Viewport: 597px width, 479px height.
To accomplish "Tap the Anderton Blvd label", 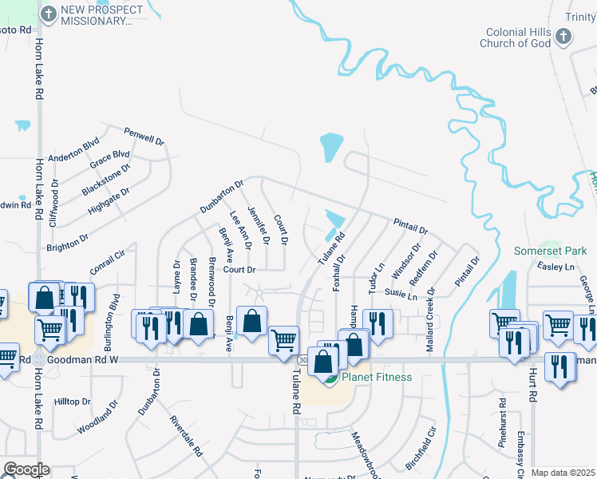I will pos(73,149).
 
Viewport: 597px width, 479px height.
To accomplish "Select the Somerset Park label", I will pos(550,251).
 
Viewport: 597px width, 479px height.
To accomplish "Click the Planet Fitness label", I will pos(377,377).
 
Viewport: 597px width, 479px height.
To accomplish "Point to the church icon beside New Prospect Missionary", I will pos(48,14).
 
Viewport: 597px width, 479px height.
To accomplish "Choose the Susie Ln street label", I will pos(401,295).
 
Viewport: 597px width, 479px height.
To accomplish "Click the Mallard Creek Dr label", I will pos(430,323).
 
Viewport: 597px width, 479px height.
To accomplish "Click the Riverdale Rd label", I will pos(186,435).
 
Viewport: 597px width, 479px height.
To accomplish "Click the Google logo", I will pos(26,469).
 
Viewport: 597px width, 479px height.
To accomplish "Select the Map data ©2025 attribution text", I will pos(563,473).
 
